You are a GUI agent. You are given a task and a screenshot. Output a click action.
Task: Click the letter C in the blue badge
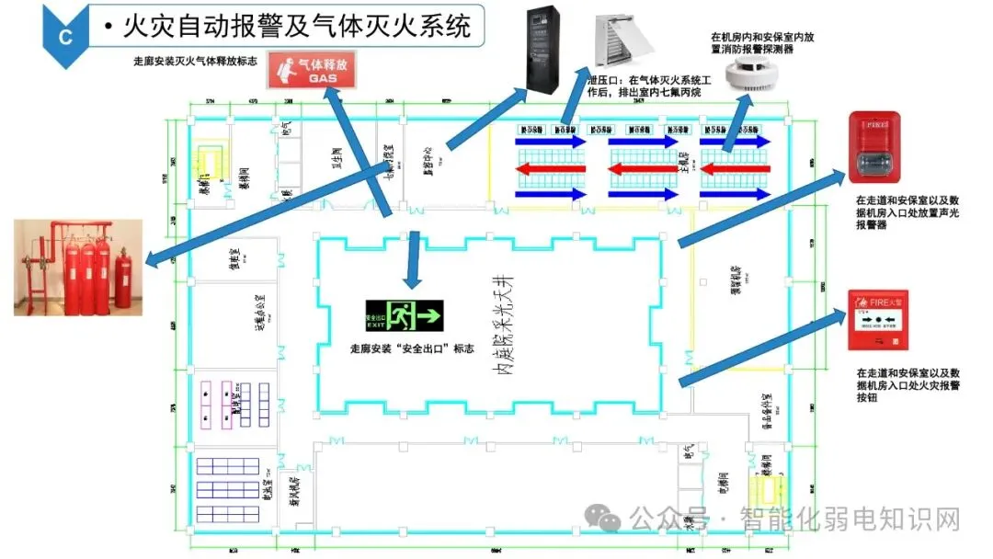[64, 37]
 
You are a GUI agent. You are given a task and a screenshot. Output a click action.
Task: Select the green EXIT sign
[404, 316]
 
